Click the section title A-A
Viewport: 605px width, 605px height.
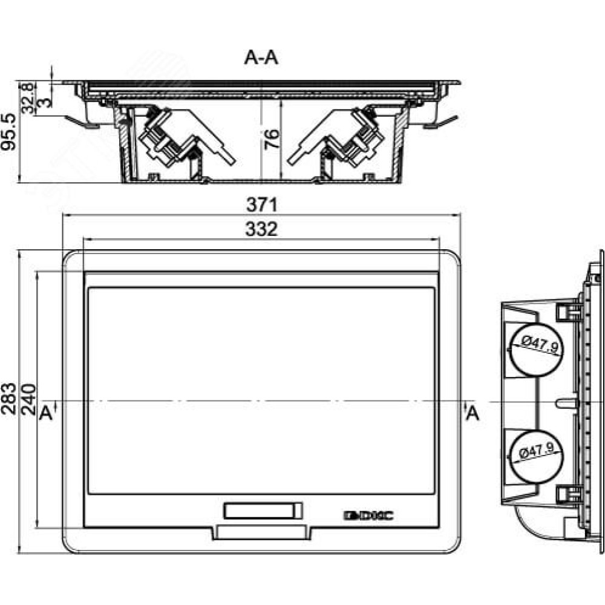(261, 58)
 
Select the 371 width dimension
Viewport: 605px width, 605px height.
(262, 204)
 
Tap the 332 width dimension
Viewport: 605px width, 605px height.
(261, 229)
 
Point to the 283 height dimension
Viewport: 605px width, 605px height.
(8, 399)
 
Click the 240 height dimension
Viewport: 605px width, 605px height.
(28, 399)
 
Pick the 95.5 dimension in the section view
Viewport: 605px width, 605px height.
(8, 131)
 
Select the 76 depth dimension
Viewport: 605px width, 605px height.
(272, 139)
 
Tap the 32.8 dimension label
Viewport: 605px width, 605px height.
(28, 98)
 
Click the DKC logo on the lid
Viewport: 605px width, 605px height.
(368, 515)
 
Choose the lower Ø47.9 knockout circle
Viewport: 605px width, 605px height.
(535, 456)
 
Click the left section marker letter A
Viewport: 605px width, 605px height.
(45, 413)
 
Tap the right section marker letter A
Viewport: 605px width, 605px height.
(473, 414)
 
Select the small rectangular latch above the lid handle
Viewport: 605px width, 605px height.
(263, 511)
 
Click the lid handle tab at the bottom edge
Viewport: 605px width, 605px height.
(262, 532)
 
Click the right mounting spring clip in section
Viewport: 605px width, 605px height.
(440, 122)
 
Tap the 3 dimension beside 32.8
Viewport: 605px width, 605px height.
(45, 103)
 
